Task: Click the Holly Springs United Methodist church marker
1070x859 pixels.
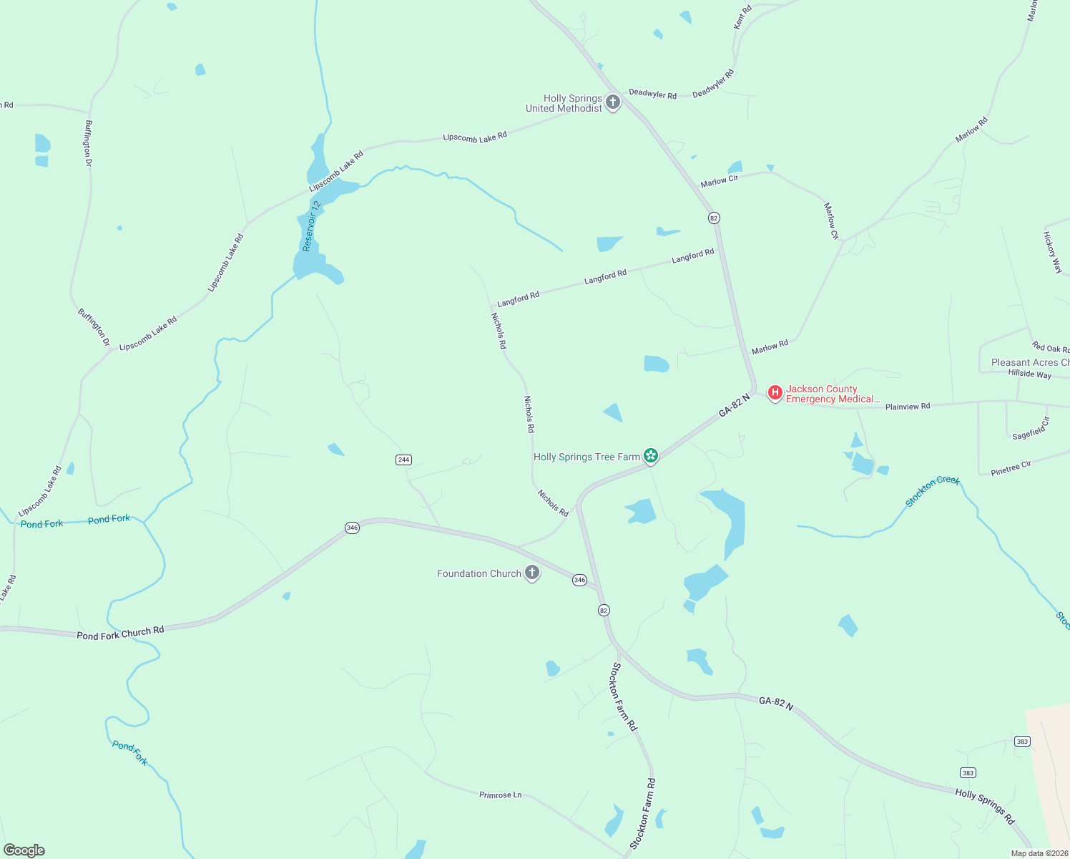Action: click(x=612, y=102)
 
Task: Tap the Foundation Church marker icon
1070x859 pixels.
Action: click(x=531, y=573)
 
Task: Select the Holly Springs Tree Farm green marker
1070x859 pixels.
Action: click(x=650, y=455)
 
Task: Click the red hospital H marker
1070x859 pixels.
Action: click(x=775, y=392)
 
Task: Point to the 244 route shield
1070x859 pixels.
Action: click(x=403, y=460)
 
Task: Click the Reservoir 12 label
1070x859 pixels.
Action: click(x=311, y=225)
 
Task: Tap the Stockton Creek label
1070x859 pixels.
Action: click(x=932, y=491)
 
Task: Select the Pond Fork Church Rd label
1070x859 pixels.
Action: click(x=120, y=633)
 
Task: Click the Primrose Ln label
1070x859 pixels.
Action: click(x=500, y=795)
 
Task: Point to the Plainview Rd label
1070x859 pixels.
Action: click(x=908, y=407)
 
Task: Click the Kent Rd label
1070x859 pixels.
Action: click(x=742, y=17)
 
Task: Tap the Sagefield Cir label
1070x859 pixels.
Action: click(x=1031, y=429)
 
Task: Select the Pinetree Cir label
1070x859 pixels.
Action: click(x=1011, y=468)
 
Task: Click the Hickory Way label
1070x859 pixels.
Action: click(x=1052, y=252)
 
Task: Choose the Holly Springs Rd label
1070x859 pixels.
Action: click(x=985, y=805)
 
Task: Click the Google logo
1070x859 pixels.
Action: click(x=24, y=850)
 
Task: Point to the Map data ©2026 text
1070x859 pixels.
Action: click(x=1039, y=853)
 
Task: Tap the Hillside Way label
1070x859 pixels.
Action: click(x=1029, y=374)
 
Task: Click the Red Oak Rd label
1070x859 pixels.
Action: click(x=1051, y=348)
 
